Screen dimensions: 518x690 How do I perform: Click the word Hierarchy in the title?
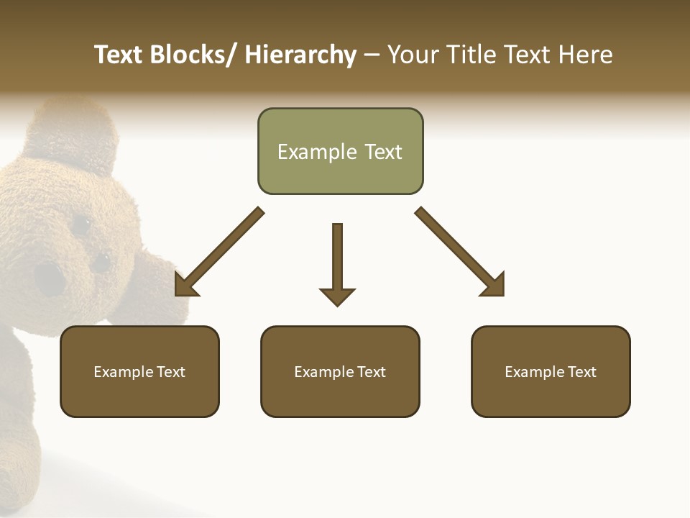point(300,55)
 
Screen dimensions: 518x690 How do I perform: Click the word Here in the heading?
point(583,55)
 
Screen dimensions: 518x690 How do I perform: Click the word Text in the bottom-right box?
point(581,372)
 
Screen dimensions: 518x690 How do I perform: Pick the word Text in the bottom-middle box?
point(370,372)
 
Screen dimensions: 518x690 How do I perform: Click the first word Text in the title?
point(119,55)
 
